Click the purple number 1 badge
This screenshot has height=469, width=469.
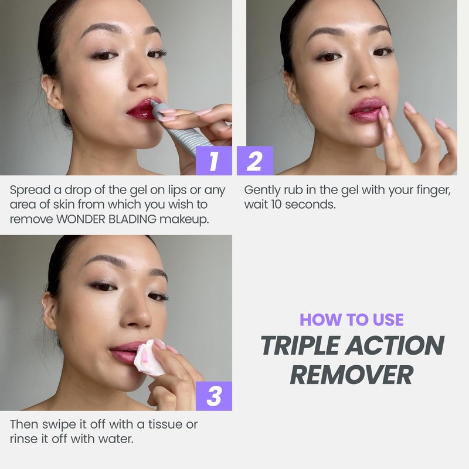click(x=213, y=161)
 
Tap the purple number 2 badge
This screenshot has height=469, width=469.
click(x=255, y=161)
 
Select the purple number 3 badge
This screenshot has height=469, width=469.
click(x=213, y=396)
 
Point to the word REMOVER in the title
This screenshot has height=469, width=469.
click(x=352, y=374)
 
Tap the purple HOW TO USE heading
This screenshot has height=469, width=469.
click(x=352, y=320)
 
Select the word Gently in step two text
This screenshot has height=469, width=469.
click(x=261, y=191)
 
